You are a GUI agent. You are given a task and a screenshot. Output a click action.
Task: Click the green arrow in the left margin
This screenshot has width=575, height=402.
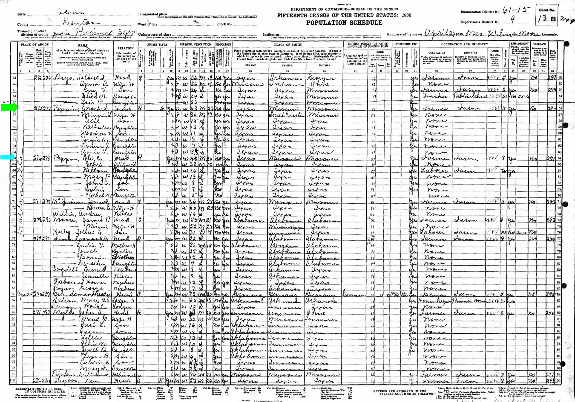coord(9,107)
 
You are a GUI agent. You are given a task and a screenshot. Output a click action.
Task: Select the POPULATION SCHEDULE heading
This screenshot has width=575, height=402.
coord(344,23)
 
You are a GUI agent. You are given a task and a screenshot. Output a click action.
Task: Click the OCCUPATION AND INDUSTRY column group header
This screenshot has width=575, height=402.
coord(465,44)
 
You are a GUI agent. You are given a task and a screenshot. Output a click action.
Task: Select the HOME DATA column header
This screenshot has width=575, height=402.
coord(157,44)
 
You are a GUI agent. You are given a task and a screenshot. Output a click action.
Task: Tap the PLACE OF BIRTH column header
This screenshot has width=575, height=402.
coord(287,45)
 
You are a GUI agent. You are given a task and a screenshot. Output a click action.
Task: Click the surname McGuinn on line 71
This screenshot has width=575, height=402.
coord(65,202)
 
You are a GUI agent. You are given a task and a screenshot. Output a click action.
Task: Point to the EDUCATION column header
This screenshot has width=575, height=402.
coord(223,44)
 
